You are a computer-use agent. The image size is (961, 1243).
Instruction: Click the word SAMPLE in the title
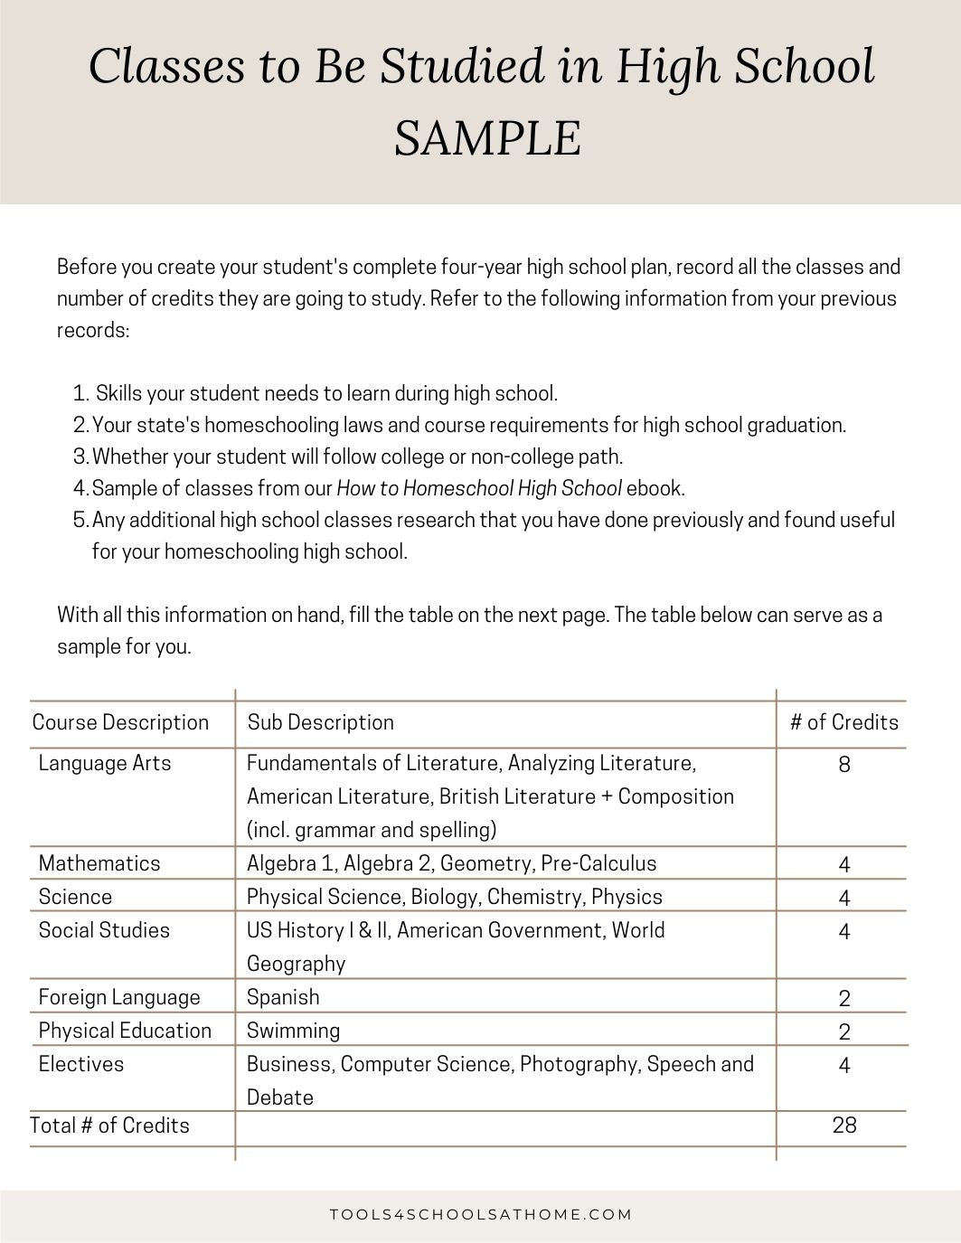pyautogui.click(x=487, y=138)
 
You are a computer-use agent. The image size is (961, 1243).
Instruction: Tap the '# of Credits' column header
pyautogui.click(x=843, y=722)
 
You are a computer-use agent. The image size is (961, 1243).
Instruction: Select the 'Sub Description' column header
pyautogui.click(x=321, y=722)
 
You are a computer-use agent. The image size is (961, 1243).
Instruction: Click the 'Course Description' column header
pyautogui.click(x=120, y=722)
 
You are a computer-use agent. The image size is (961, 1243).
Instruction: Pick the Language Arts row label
pyautogui.click(x=105, y=763)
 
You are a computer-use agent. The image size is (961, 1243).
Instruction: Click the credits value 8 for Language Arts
pyautogui.click(x=844, y=765)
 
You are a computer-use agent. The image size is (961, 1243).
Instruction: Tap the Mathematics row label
pyautogui.click(x=99, y=863)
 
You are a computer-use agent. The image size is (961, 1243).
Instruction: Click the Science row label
pyautogui.click(x=75, y=897)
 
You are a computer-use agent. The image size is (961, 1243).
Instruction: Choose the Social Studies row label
pyautogui.click(x=104, y=930)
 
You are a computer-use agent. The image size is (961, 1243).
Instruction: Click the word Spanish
pyautogui.click(x=283, y=997)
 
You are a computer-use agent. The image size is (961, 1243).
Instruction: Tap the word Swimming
pyautogui.click(x=293, y=1031)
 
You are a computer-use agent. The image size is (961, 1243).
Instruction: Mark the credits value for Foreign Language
pyautogui.click(x=844, y=999)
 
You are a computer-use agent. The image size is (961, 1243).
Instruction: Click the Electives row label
pyautogui.click(x=80, y=1064)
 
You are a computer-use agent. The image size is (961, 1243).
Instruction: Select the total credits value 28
pyautogui.click(x=844, y=1125)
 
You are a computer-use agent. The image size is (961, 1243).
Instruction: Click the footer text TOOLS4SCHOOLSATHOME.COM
pyautogui.click(x=480, y=1214)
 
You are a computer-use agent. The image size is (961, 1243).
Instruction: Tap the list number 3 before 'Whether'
pyautogui.click(x=80, y=457)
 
